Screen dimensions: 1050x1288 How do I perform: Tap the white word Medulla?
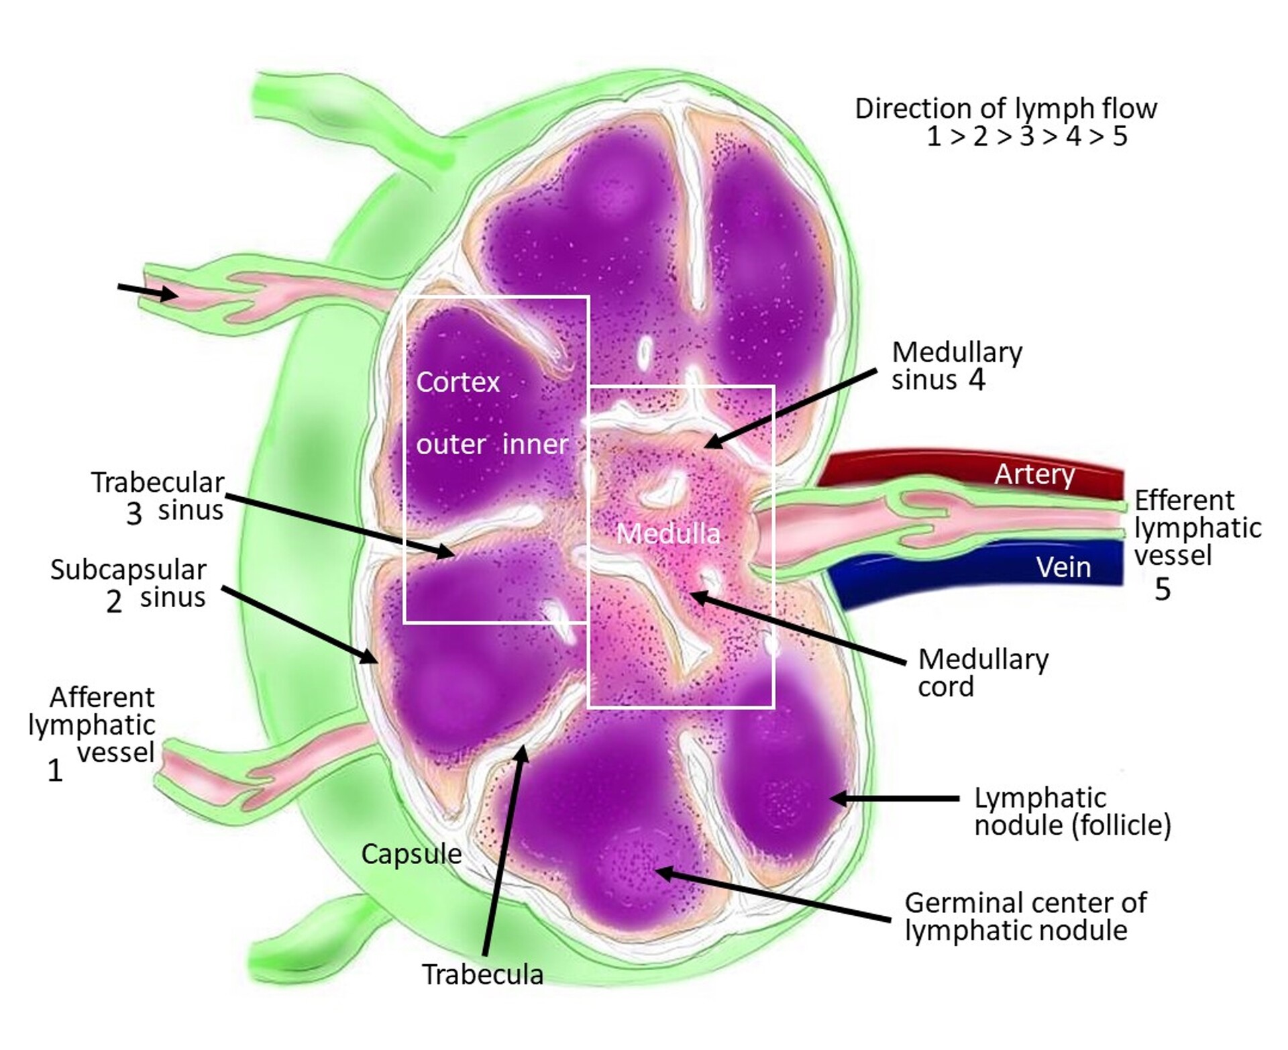pyautogui.click(x=668, y=533)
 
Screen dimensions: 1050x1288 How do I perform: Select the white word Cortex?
pyautogui.click(x=458, y=382)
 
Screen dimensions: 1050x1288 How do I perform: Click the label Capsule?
pyautogui.click(x=411, y=854)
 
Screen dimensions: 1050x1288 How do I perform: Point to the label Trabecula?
pyautogui.click(x=482, y=974)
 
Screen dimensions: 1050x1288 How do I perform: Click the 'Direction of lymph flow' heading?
pyautogui.click(x=1006, y=109)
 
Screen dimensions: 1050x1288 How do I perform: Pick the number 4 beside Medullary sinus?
pyautogui.click(x=977, y=380)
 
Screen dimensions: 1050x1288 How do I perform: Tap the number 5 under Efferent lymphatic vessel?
pyautogui.click(x=1163, y=589)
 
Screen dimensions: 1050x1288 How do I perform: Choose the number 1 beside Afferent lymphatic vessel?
pyautogui.click(x=55, y=770)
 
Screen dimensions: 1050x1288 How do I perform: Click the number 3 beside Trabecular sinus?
pyautogui.click(x=134, y=514)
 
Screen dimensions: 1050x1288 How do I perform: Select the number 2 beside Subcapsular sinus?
pyautogui.click(x=114, y=601)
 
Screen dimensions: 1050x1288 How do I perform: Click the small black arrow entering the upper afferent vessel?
pyautogui.click(x=148, y=291)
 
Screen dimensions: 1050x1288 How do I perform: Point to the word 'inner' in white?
pyautogui.click(x=535, y=444)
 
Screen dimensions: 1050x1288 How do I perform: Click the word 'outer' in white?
pyautogui.click(x=451, y=444)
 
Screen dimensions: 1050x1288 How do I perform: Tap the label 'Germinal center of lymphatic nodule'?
pyautogui.click(x=1025, y=916)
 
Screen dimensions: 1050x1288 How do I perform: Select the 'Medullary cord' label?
pyautogui.click(x=983, y=672)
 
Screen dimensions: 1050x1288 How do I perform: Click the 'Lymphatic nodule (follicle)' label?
pyautogui.click(x=1072, y=811)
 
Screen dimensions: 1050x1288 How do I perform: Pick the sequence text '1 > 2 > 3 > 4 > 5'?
pyautogui.click(x=1026, y=136)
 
